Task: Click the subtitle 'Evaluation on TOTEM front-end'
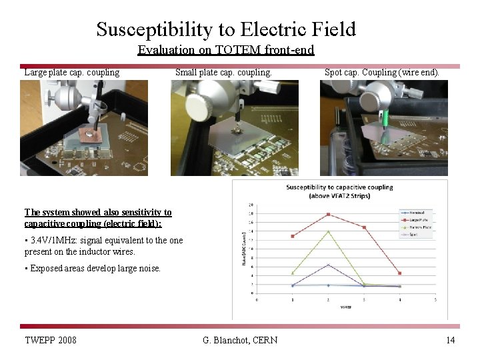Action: tap(225, 50)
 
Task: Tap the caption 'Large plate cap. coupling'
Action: tap(72, 72)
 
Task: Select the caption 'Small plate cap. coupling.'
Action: tap(223, 72)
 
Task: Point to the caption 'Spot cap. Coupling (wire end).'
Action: tap(382, 72)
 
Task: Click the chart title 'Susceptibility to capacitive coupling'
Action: tap(339, 187)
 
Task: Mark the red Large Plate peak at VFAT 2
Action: tap(328, 214)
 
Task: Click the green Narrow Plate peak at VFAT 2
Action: tap(328, 231)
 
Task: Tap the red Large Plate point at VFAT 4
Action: tap(399, 273)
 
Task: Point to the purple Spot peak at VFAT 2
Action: tap(328, 265)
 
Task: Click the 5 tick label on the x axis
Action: tap(435, 300)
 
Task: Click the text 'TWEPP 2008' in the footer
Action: tap(51, 341)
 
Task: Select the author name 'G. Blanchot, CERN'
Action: tap(240, 341)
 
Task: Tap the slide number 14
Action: tap(451, 341)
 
